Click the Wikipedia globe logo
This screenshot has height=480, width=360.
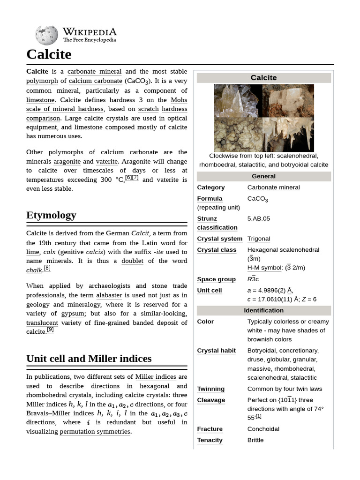pyautogui.click(x=46, y=35)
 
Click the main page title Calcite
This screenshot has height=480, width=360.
pyautogui.click(x=49, y=54)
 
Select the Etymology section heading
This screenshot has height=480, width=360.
pyautogui.click(x=51, y=215)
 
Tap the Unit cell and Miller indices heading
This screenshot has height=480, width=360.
pyautogui.click(x=89, y=359)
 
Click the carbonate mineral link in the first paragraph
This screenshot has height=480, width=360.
pyautogui.click(x=94, y=72)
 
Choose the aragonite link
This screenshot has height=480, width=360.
pyautogui.click(x=67, y=161)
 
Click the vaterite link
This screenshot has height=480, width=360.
pyautogui.click(x=106, y=161)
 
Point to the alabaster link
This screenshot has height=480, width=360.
pyautogui.click(x=109, y=295)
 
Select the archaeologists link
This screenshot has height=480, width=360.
pyautogui.click(x=108, y=286)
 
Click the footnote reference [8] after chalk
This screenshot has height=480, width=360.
pyautogui.click(x=47, y=269)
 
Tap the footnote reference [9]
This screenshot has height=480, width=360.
pyautogui.click(x=50, y=330)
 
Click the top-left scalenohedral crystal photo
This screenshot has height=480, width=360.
pyautogui.click(x=238, y=100)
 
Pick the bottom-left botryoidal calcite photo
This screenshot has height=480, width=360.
pyautogui.click(x=238, y=134)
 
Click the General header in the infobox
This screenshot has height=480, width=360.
pyautogui.click(x=263, y=176)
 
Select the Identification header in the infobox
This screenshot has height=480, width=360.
pyautogui.click(x=263, y=310)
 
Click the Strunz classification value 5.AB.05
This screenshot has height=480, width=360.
pyautogui.click(x=259, y=218)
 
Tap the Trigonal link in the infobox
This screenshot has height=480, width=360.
pyautogui.click(x=258, y=239)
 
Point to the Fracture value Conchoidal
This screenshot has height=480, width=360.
pyautogui.click(x=263, y=429)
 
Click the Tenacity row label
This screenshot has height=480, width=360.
pyautogui.click(x=210, y=440)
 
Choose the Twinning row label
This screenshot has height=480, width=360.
pyautogui.click(x=210, y=389)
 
